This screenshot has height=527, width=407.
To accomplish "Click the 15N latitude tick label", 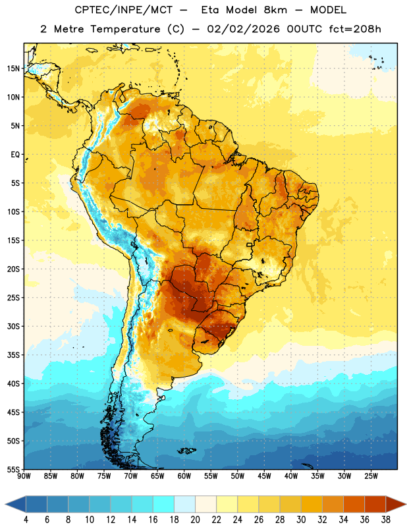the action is point(13,69).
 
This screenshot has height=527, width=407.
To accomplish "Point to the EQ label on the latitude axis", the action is point(15,155).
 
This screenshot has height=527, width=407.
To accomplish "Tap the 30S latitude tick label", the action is point(13,326).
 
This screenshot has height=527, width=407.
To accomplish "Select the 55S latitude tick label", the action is point(13,470).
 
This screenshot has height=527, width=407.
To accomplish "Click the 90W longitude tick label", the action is point(24,476).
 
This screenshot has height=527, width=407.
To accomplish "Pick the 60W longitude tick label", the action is point(184,476).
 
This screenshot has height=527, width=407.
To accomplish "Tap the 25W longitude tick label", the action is point(371,476).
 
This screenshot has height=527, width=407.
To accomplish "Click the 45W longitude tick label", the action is point(264,476).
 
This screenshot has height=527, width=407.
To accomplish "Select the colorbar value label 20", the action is point(195,520).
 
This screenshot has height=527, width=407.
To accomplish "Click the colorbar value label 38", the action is point(386,520).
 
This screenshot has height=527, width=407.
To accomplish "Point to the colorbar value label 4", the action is point(26,520).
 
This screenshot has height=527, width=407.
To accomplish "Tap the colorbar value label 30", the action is point(301,520).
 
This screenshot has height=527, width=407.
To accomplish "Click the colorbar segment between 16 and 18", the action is point(164,505).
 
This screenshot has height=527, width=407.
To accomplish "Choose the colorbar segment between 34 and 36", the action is point(354,505).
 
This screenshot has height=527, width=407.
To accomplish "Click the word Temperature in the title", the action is point(125,29).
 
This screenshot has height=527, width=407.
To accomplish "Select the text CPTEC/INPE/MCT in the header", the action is point(123,10).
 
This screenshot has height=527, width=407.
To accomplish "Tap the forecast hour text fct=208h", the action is point(355,29).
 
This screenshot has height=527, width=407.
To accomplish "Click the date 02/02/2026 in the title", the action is point(243,29).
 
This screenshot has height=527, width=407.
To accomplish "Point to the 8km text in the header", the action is point(275,10).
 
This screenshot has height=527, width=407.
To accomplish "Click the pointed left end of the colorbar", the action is point(6,505).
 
